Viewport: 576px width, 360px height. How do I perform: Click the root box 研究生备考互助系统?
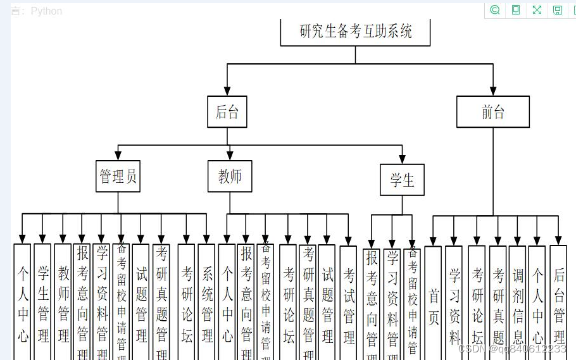pos(355,31)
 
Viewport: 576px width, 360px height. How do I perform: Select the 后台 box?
pos(227,112)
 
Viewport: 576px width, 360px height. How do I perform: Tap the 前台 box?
pos(492,112)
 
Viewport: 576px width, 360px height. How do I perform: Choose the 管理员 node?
pos(118,176)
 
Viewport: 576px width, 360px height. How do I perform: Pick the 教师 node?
pos(230,176)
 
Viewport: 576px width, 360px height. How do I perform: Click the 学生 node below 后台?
pos(402,180)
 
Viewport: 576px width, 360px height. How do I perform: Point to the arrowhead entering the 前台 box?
pos(493,91)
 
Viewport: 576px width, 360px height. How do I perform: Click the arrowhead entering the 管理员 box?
pos(118,156)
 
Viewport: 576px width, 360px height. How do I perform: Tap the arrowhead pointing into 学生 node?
pos(402,159)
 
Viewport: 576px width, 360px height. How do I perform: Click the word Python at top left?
pos(46,11)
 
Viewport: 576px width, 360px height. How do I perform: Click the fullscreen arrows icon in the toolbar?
pos(537,10)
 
